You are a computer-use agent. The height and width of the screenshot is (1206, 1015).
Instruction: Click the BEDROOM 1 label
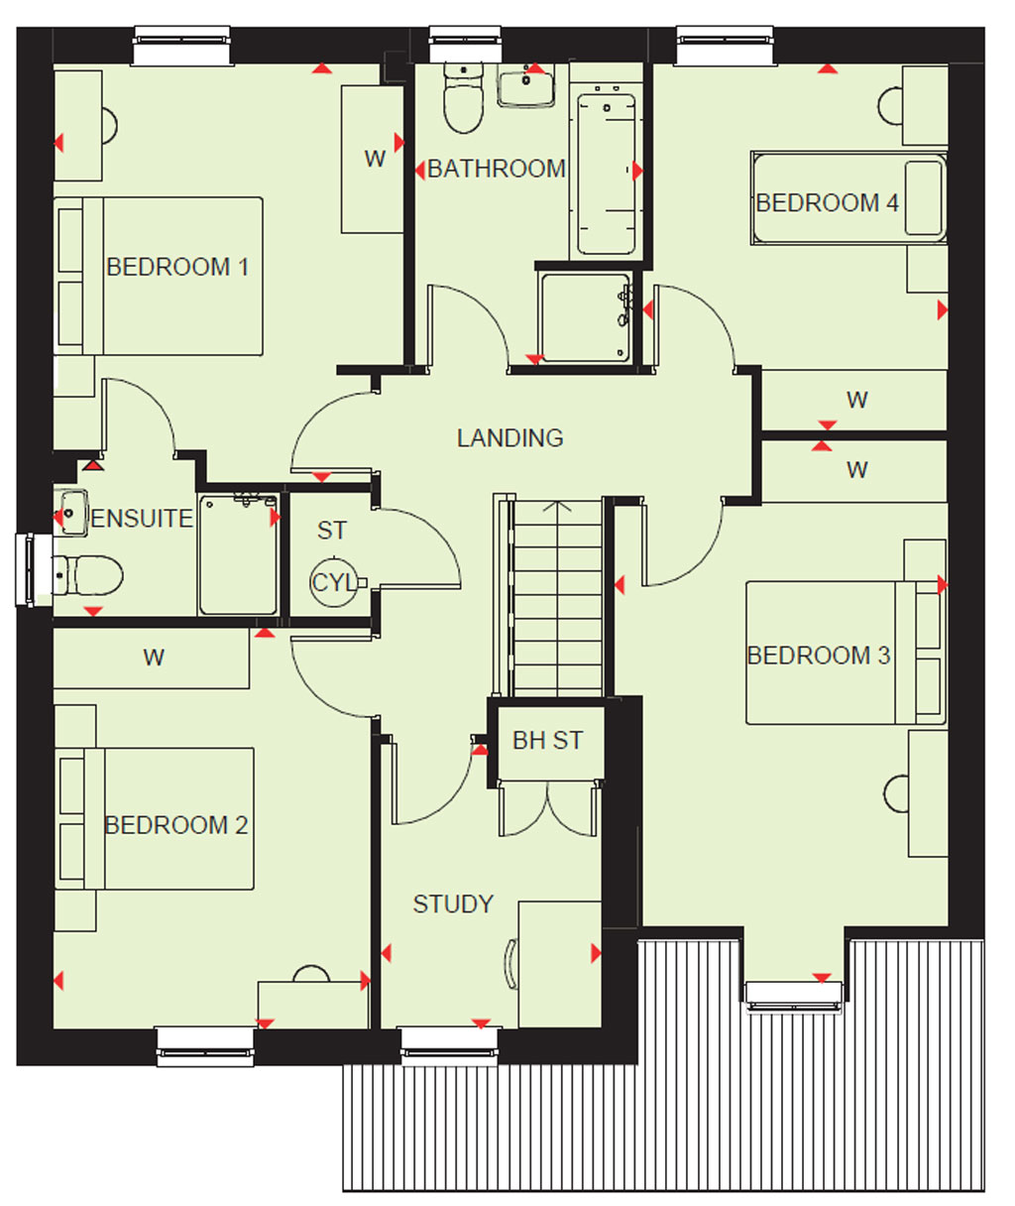click(x=177, y=267)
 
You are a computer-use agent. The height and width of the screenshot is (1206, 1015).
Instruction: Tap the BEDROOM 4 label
click(x=827, y=202)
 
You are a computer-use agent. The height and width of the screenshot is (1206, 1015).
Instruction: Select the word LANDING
click(x=509, y=438)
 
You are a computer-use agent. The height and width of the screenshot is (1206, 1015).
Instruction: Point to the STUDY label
click(x=453, y=904)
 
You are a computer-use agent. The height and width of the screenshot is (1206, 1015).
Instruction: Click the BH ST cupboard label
click(x=548, y=741)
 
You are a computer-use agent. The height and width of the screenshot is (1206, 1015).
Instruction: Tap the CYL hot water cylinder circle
click(x=334, y=582)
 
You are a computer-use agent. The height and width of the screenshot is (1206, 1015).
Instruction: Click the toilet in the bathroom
click(x=463, y=97)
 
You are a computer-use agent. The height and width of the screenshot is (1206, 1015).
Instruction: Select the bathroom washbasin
click(x=526, y=85)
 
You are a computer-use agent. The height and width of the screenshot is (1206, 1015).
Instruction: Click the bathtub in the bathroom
click(x=606, y=170)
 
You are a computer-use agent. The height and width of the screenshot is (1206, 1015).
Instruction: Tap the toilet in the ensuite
click(x=87, y=575)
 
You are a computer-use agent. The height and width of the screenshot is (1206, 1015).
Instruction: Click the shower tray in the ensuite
click(x=238, y=553)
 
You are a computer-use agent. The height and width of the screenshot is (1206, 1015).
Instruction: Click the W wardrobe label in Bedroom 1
click(x=376, y=159)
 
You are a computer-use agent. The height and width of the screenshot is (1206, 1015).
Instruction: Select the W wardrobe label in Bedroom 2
click(x=154, y=658)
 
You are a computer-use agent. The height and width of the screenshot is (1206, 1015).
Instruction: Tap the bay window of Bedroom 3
click(x=793, y=997)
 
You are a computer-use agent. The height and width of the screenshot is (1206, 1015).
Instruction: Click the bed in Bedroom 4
click(x=848, y=197)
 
